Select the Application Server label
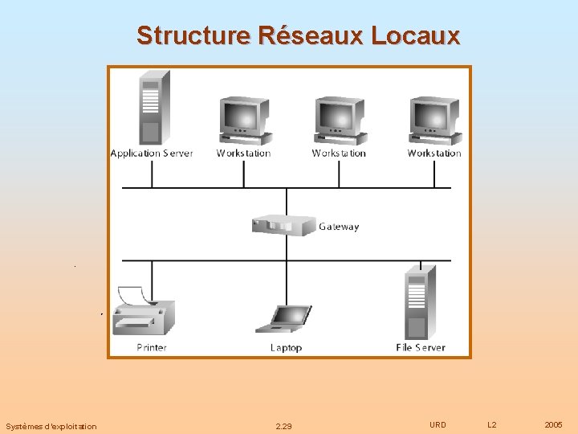click(152, 154)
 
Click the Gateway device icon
click(283, 225)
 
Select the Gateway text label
click(339, 227)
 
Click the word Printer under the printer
click(152, 348)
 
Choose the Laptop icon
click(284, 319)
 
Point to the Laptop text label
click(286, 348)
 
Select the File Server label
click(421, 348)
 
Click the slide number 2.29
click(283, 426)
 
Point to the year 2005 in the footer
click(553, 424)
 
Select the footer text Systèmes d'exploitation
click(51, 426)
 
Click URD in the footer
click(438, 424)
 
